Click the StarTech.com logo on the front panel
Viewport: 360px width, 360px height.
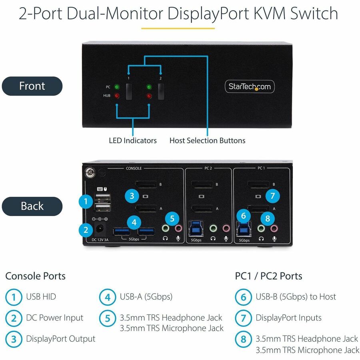249,86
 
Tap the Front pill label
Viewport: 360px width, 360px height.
32,86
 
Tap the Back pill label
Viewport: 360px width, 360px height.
32,206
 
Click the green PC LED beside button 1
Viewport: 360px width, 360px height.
117,87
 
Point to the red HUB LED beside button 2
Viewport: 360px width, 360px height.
149,96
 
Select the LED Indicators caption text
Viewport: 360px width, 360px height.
133,140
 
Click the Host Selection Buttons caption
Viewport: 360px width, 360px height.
207,140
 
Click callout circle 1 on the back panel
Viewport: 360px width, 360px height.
85,201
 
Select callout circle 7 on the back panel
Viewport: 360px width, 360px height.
272,196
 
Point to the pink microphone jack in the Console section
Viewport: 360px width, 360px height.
178,229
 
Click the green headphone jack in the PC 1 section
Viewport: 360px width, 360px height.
261,229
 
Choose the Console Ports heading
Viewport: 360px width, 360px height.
35,276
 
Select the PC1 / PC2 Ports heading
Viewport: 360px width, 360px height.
268,276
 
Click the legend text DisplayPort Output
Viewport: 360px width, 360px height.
60,339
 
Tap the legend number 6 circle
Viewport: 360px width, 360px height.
243,297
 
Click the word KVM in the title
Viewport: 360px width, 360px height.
269,13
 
